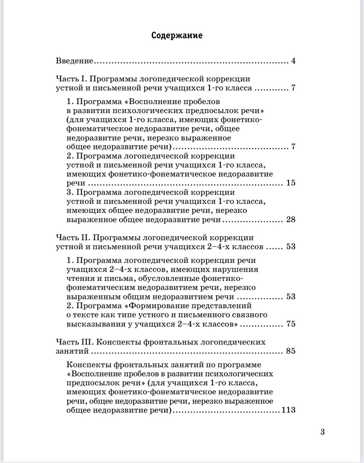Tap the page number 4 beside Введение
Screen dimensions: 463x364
293,61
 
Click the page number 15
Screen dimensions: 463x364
291,183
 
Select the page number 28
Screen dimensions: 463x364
291,220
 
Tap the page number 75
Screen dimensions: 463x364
291,324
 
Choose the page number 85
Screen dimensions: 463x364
291,351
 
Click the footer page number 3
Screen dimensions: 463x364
322,432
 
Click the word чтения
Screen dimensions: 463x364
80,278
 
